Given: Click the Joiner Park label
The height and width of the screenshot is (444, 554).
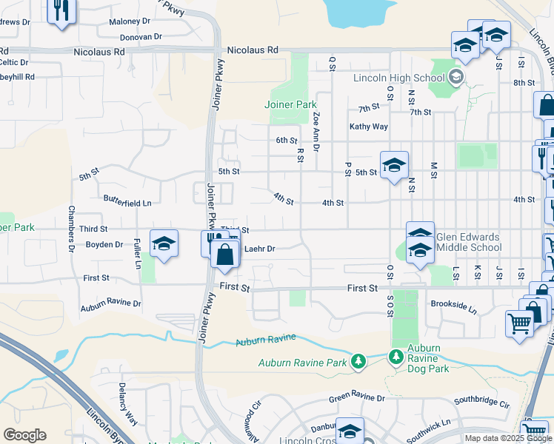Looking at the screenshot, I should coord(290,105).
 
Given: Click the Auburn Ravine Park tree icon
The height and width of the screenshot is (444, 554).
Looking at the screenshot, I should coord(358,362).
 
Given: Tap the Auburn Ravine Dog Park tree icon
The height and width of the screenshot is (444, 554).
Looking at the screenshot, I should coord(396,357).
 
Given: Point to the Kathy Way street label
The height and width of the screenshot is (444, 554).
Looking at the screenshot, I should coord(369,127).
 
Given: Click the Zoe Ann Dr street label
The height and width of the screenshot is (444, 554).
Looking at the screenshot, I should coord(316,131).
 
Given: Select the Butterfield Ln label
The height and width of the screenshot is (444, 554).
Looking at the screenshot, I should coord(127,202).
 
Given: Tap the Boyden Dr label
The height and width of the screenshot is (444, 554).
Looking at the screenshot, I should coord(104,244).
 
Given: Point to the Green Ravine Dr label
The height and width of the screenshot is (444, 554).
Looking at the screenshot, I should coord(358,398).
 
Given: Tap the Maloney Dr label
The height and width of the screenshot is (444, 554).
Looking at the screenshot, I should coord(130,21).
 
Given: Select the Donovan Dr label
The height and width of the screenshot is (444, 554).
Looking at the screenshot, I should coord(141,36).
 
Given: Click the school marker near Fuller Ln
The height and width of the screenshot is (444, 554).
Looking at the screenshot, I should coord(164,243).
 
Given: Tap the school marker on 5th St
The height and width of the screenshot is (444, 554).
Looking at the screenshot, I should coord(394,165).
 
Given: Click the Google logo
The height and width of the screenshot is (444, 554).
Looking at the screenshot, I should coord(25,435).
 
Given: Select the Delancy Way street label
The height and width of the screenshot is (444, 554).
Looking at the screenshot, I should coord(127,404).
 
